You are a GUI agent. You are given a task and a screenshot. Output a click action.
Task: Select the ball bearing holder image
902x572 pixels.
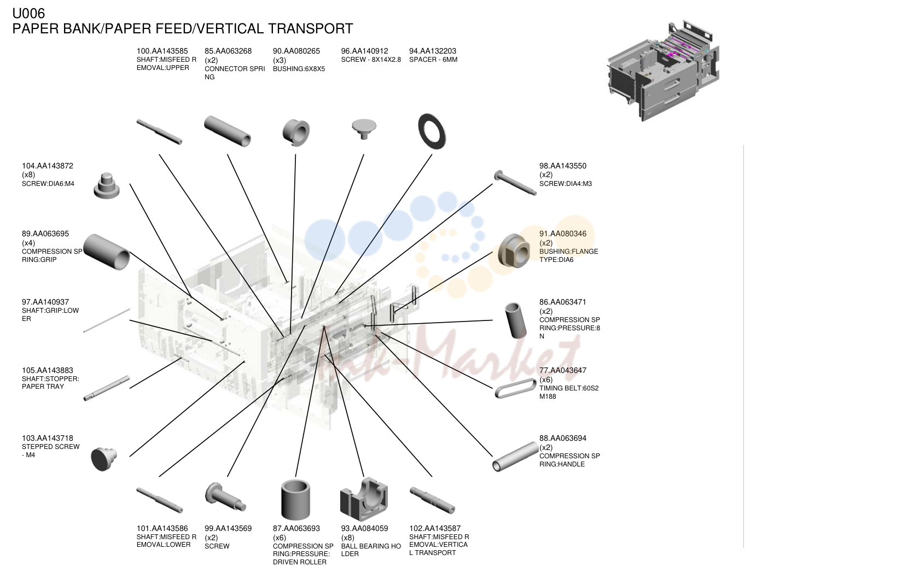(364, 499)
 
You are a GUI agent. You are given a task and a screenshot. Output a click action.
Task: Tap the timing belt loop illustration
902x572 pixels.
(515, 388)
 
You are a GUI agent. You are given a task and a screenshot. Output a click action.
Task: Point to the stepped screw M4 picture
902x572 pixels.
(103, 459)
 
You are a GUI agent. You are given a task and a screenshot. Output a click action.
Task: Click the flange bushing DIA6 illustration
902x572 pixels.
(514, 251)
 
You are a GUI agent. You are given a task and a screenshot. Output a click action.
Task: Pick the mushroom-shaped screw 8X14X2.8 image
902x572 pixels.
(364, 129)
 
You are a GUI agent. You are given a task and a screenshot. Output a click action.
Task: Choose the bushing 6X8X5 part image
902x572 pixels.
(296, 132)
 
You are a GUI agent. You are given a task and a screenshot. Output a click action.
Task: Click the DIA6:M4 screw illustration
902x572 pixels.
(106, 186)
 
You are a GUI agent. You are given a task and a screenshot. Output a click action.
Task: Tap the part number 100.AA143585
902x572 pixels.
(162, 51)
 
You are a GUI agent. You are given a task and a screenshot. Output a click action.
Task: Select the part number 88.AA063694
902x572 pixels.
(562, 438)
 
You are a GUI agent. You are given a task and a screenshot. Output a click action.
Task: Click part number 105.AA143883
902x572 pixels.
(48, 370)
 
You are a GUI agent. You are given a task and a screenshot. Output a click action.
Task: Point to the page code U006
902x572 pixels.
(28, 14)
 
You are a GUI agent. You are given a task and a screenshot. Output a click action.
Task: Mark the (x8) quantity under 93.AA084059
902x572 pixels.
(347, 538)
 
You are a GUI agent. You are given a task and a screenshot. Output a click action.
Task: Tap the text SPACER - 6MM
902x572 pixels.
(433, 60)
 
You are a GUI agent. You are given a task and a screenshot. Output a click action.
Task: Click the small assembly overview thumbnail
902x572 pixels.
(663, 71)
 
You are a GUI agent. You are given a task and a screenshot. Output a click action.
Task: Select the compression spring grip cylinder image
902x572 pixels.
(107, 252)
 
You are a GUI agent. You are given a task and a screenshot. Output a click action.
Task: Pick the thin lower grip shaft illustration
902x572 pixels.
(107, 320)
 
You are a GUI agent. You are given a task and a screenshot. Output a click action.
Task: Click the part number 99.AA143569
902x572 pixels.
(228, 528)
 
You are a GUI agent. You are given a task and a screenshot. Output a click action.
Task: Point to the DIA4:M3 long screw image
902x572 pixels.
(515, 183)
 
